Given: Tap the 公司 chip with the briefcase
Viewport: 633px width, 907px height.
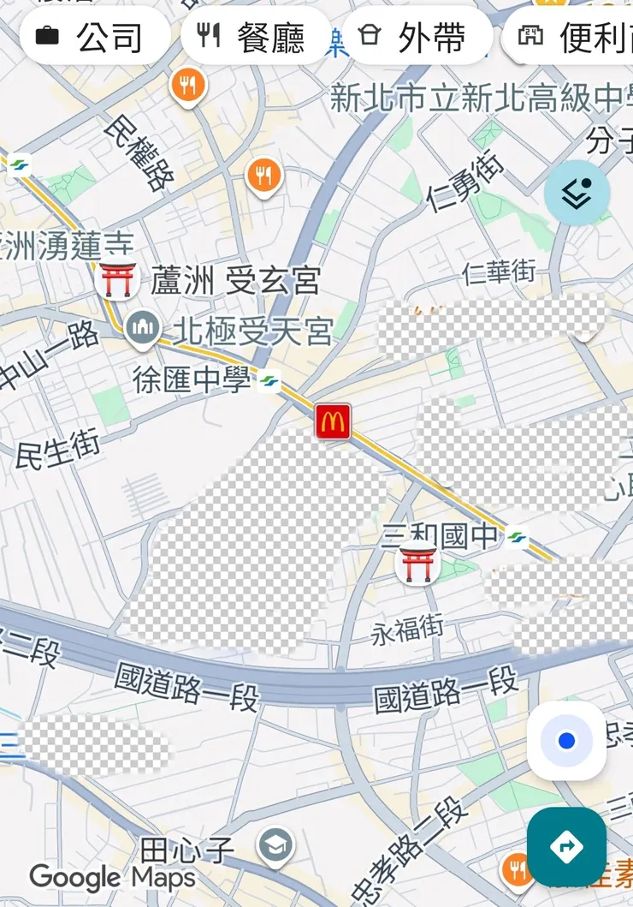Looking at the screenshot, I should pyautogui.click(x=94, y=37).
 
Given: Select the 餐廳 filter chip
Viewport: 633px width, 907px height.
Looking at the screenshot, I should pyautogui.click(x=256, y=37).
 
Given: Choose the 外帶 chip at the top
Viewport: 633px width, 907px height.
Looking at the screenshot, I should pyautogui.click(x=417, y=37).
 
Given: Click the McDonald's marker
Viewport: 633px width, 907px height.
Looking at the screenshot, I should pyautogui.click(x=333, y=421).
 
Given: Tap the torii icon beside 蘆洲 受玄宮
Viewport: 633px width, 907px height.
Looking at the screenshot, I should pyautogui.click(x=117, y=280).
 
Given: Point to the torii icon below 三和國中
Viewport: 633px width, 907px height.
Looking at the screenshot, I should pyautogui.click(x=417, y=564).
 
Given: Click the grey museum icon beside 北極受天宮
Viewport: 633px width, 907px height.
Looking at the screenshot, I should pyautogui.click(x=142, y=328).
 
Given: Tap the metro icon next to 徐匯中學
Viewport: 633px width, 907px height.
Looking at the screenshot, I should pyautogui.click(x=269, y=380).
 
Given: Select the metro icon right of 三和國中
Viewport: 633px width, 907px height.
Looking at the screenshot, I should pyautogui.click(x=516, y=538).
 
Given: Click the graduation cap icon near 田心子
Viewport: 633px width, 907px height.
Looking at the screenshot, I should pyautogui.click(x=275, y=845).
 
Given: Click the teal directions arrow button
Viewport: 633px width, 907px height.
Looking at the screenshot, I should pyautogui.click(x=566, y=846).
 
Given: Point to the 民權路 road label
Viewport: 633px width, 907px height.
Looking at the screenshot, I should pyautogui.click(x=139, y=153).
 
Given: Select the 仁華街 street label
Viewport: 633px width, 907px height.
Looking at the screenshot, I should pyautogui.click(x=499, y=272).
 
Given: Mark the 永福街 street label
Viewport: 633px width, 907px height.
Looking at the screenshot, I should pyautogui.click(x=407, y=630).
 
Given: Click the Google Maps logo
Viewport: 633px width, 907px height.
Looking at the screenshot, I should pyautogui.click(x=112, y=877).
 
